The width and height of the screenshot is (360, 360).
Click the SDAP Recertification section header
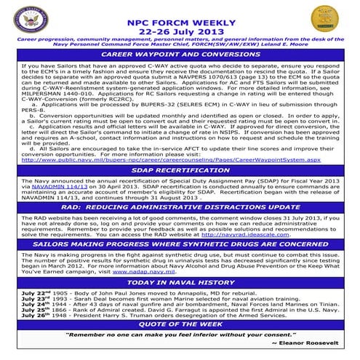[180, 169]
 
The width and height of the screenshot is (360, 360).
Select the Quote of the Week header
[180, 326]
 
